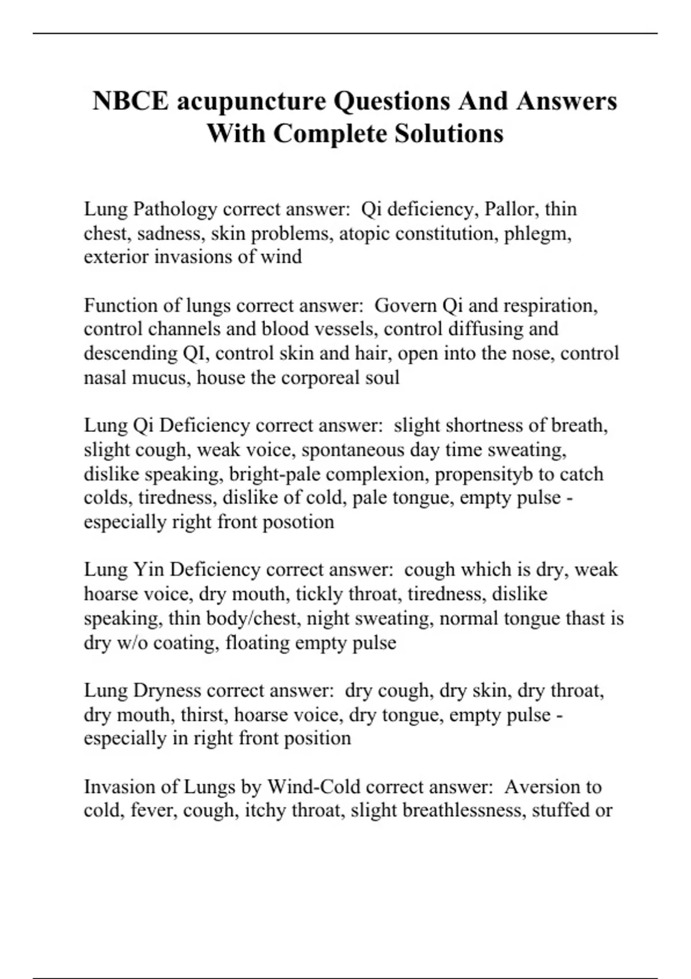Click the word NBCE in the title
tap(131, 101)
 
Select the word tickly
tap(319, 594)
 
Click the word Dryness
tap(166, 690)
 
